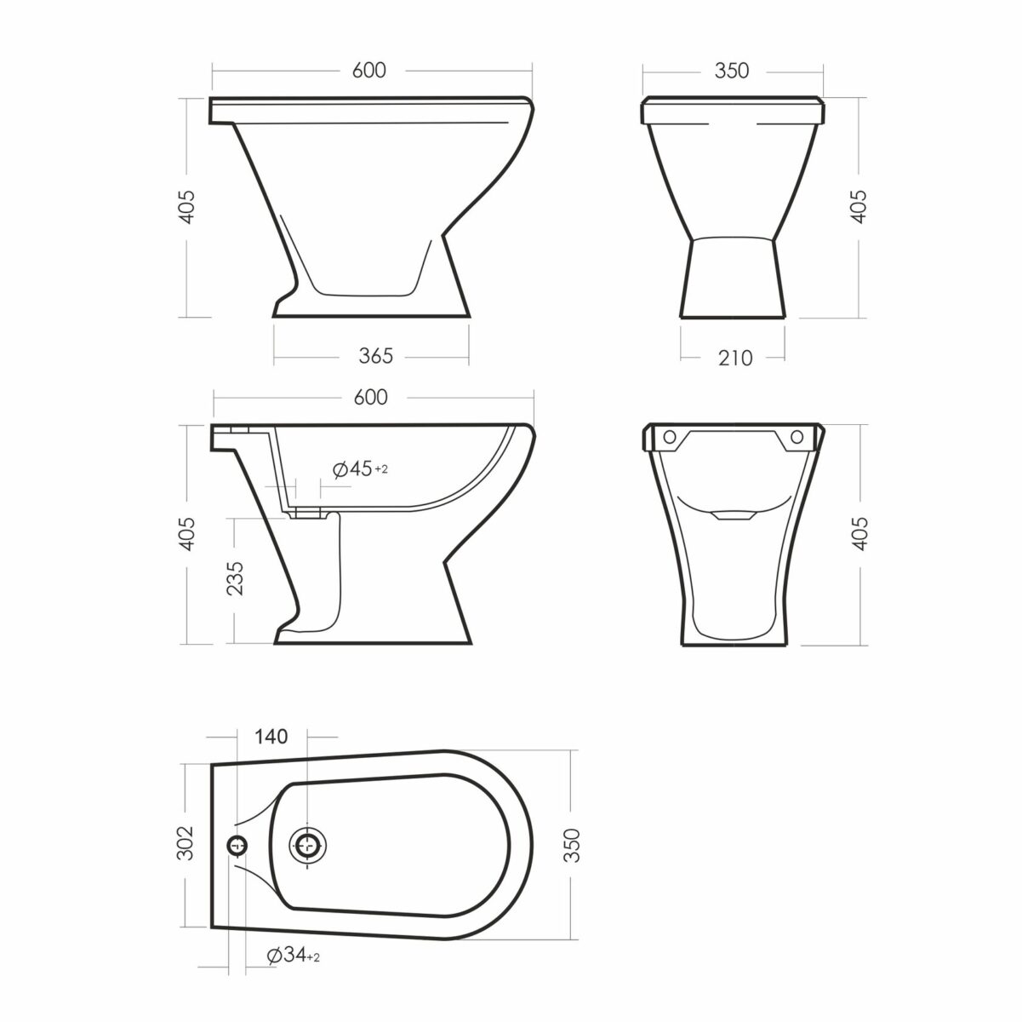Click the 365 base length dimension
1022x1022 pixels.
click(375, 356)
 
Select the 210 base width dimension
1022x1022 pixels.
click(735, 358)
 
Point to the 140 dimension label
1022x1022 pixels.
click(270, 736)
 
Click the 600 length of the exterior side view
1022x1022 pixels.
click(368, 71)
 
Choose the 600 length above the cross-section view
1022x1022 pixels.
click(370, 397)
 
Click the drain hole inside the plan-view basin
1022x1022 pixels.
click(308, 844)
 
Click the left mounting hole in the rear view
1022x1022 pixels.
click(670, 437)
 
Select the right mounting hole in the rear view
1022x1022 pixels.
click(797, 437)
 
